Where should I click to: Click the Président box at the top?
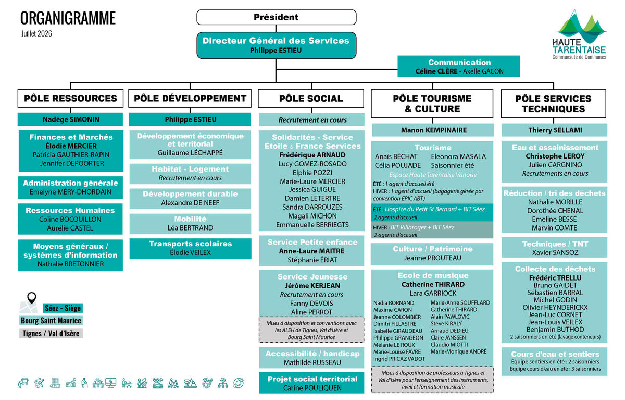click(276, 17)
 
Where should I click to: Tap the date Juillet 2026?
click(36, 34)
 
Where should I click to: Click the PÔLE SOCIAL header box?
click(311, 99)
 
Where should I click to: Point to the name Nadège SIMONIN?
click(71, 119)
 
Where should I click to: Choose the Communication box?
click(459, 66)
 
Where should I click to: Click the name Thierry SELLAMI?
click(555, 130)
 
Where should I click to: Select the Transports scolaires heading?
click(190, 244)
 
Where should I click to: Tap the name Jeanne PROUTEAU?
click(433, 258)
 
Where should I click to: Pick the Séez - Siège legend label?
click(63, 308)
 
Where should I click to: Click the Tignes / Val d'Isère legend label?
click(51, 333)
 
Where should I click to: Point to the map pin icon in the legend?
click(32, 298)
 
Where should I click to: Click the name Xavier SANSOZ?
click(555, 252)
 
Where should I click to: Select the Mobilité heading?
click(190, 219)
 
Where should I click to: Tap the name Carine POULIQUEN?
click(312, 387)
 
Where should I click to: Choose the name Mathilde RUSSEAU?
click(312, 362)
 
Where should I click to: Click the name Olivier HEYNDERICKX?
click(555, 307)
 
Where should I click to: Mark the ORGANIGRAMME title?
click(68, 18)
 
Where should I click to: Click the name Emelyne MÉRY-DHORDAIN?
click(70, 192)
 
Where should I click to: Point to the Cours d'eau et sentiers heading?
click(555, 354)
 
